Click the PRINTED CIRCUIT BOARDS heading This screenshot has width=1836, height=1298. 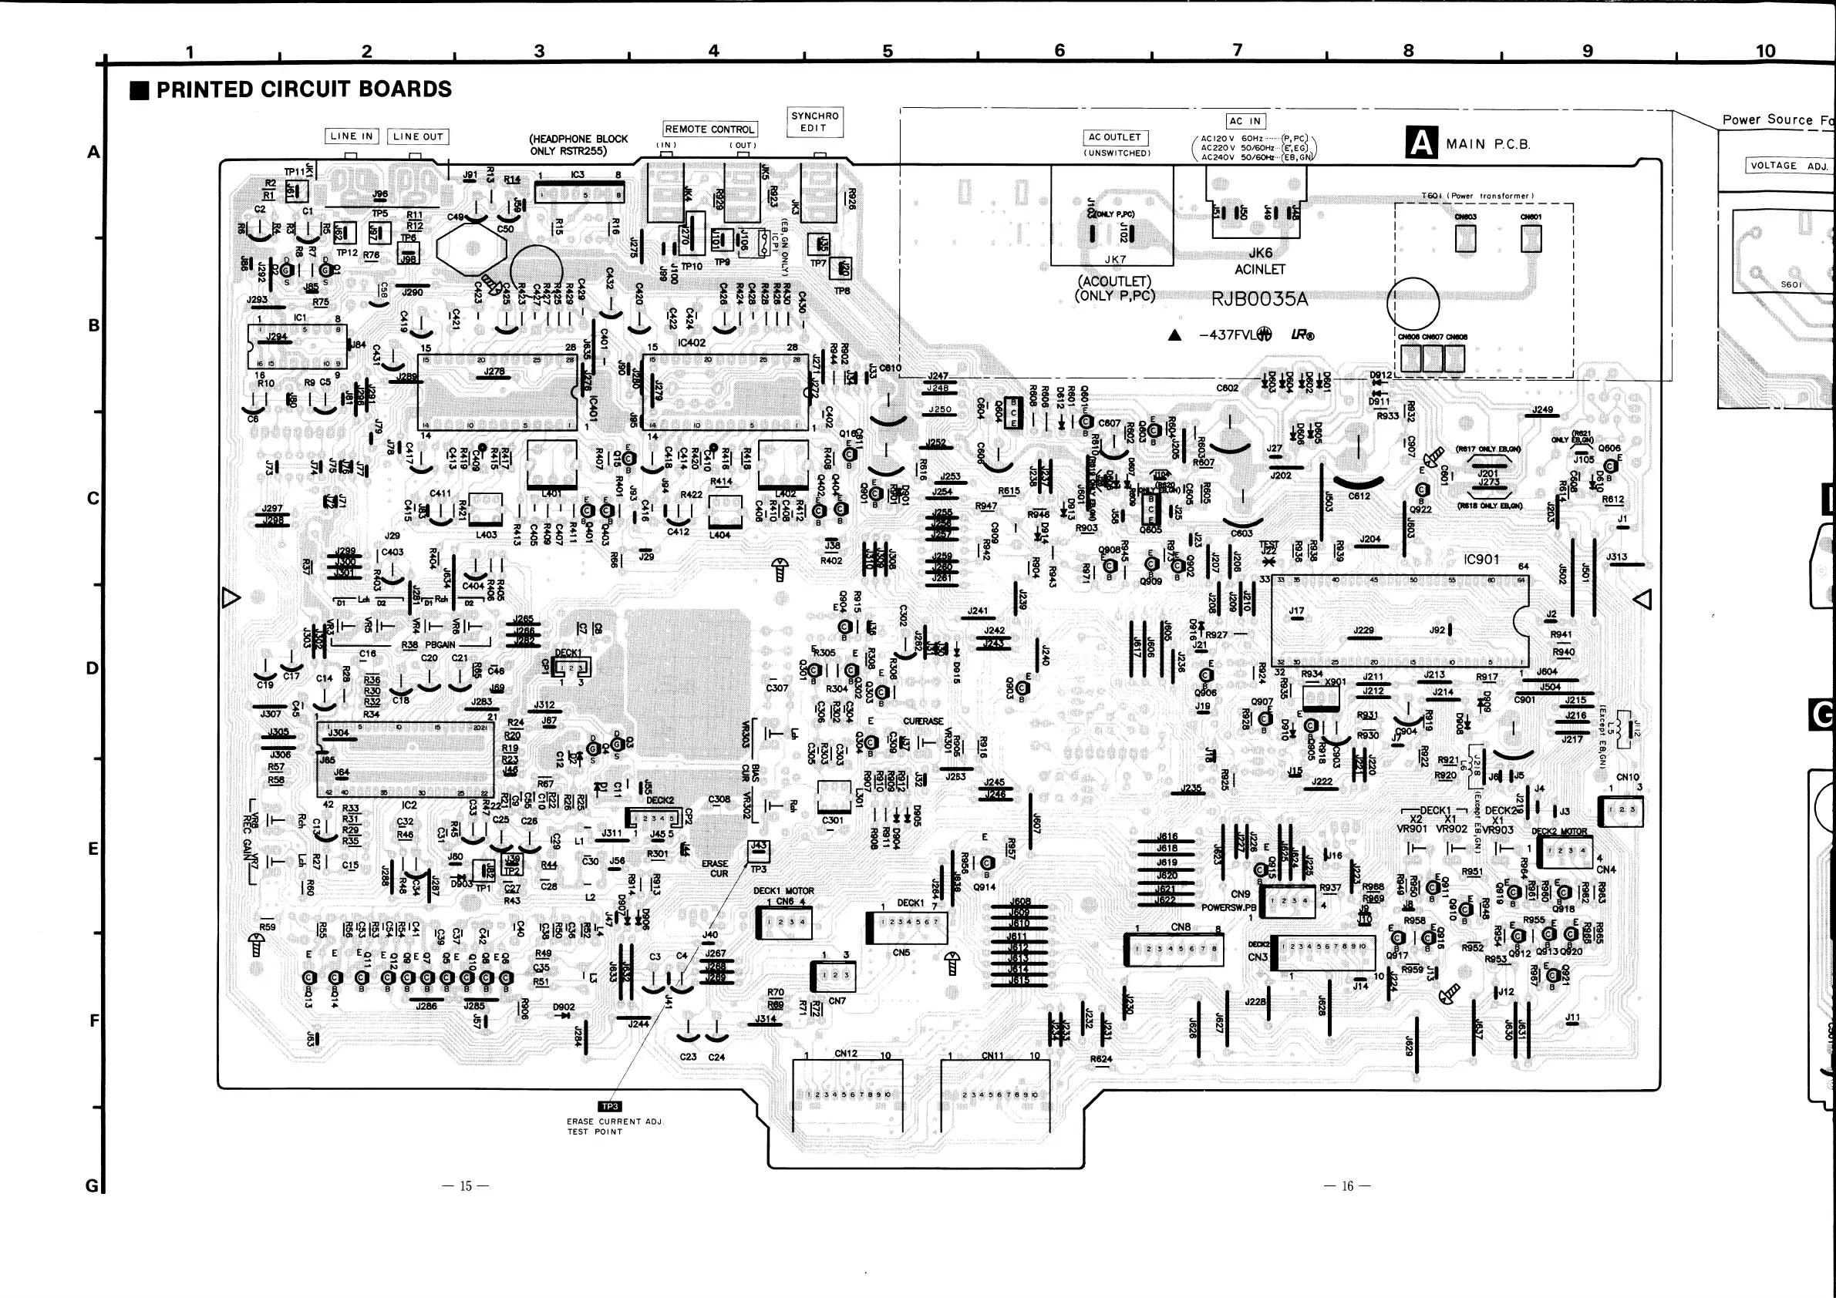point(303,89)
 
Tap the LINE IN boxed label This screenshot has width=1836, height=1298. point(351,136)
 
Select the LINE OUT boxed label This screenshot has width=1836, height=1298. point(417,136)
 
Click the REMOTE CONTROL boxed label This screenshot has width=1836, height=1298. point(709,129)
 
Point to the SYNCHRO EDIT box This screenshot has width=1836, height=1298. point(814,123)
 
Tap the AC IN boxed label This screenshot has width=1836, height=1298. point(1245,122)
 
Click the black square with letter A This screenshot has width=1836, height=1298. point(1421,144)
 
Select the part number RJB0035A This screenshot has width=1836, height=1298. point(1259,300)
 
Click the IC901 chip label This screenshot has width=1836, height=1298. point(1481,560)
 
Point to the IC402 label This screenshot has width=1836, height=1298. point(692,343)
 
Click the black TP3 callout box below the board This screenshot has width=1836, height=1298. point(609,1107)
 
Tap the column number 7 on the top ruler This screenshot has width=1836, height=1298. point(1237,50)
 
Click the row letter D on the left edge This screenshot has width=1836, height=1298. point(93,668)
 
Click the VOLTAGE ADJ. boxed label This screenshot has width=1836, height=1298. point(1789,166)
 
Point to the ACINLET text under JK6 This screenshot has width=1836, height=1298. point(1259,270)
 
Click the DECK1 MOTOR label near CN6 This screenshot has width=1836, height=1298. point(783,890)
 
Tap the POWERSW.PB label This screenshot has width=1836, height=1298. point(1228,908)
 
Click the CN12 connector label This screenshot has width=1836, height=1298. point(845,1054)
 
